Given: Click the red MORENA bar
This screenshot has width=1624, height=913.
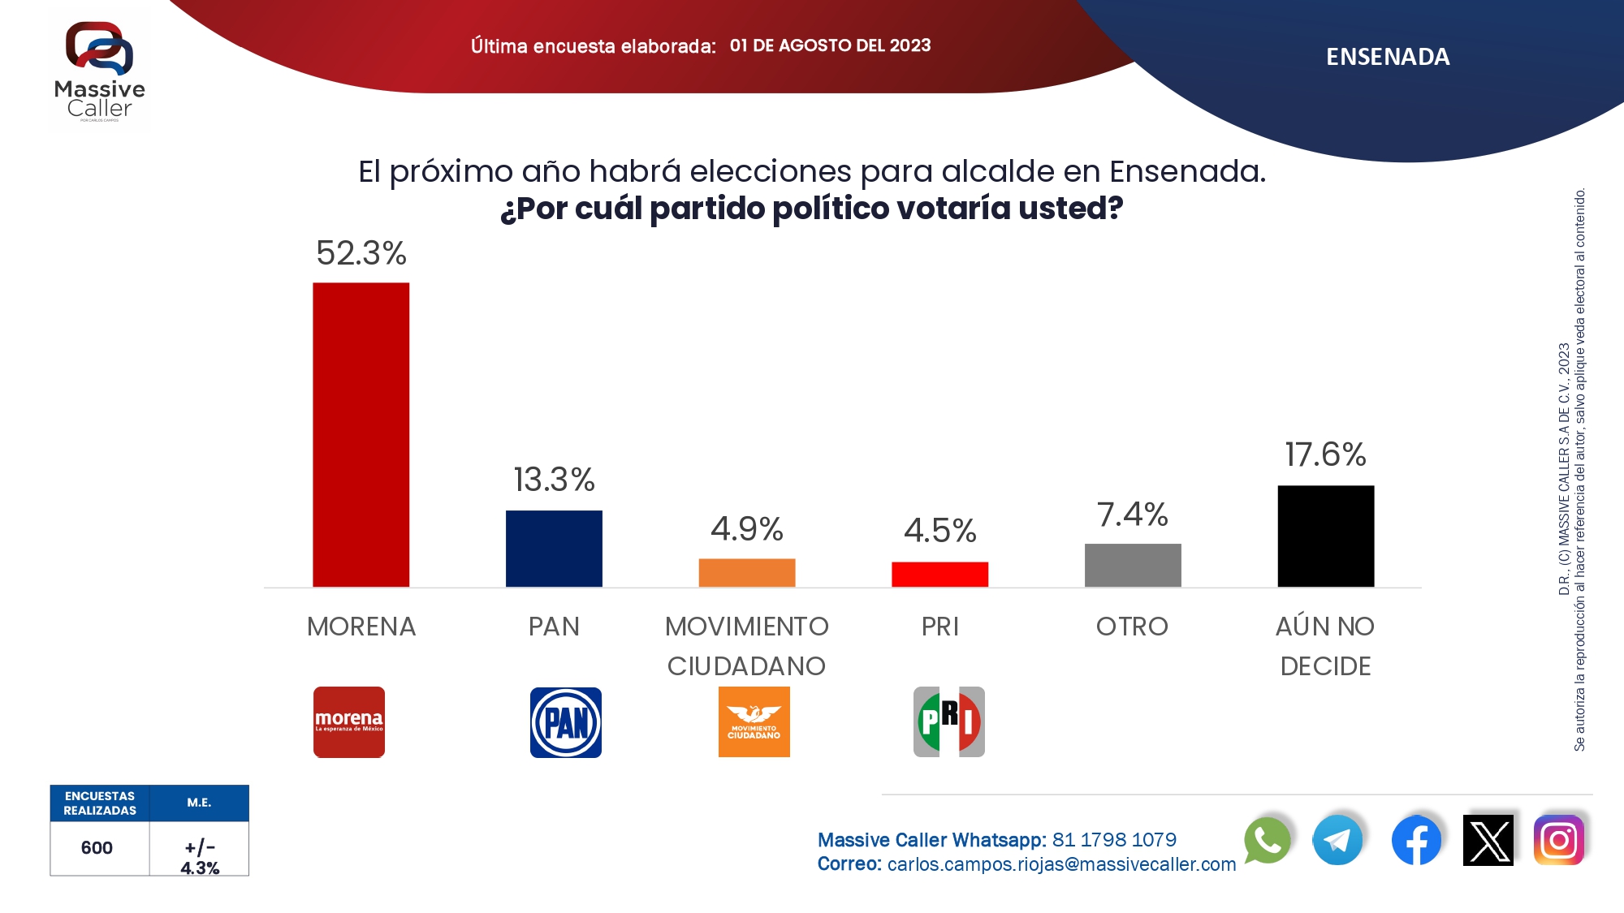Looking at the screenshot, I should [x=361, y=434].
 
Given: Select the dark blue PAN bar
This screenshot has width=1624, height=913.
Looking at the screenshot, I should [x=554, y=549].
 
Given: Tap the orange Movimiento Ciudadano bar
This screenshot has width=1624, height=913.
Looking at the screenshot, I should [x=746, y=573].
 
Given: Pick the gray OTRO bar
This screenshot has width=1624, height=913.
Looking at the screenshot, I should [x=1133, y=566].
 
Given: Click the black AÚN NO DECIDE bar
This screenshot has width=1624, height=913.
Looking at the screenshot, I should [x=1325, y=536].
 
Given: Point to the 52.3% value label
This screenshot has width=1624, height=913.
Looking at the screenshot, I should [x=361, y=253].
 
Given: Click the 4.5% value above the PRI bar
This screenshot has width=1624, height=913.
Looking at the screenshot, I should [x=939, y=531].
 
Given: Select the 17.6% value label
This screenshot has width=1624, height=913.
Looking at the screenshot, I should [x=1325, y=454].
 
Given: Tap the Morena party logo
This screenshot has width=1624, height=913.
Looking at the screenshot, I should [x=349, y=722].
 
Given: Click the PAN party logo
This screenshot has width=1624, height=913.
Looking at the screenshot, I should [x=566, y=722].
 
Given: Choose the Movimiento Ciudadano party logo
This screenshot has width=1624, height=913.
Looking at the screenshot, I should [x=754, y=722].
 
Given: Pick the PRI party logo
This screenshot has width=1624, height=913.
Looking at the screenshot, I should [x=948, y=722].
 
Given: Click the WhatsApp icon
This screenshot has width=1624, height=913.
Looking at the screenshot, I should [x=1267, y=840].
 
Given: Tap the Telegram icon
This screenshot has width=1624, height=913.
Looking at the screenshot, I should [x=1337, y=840].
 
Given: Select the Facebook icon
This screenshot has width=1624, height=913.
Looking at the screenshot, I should [x=1416, y=840].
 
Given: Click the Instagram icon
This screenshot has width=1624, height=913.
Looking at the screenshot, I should [x=1559, y=840].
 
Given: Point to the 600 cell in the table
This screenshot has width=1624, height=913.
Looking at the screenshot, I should [x=97, y=848].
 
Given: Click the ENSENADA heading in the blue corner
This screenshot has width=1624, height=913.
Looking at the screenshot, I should [x=1388, y=57].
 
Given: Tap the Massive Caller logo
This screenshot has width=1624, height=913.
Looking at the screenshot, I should [x=99, y=71].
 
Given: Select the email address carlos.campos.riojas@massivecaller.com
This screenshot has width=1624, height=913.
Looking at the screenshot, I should [x=1061, y=864].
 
